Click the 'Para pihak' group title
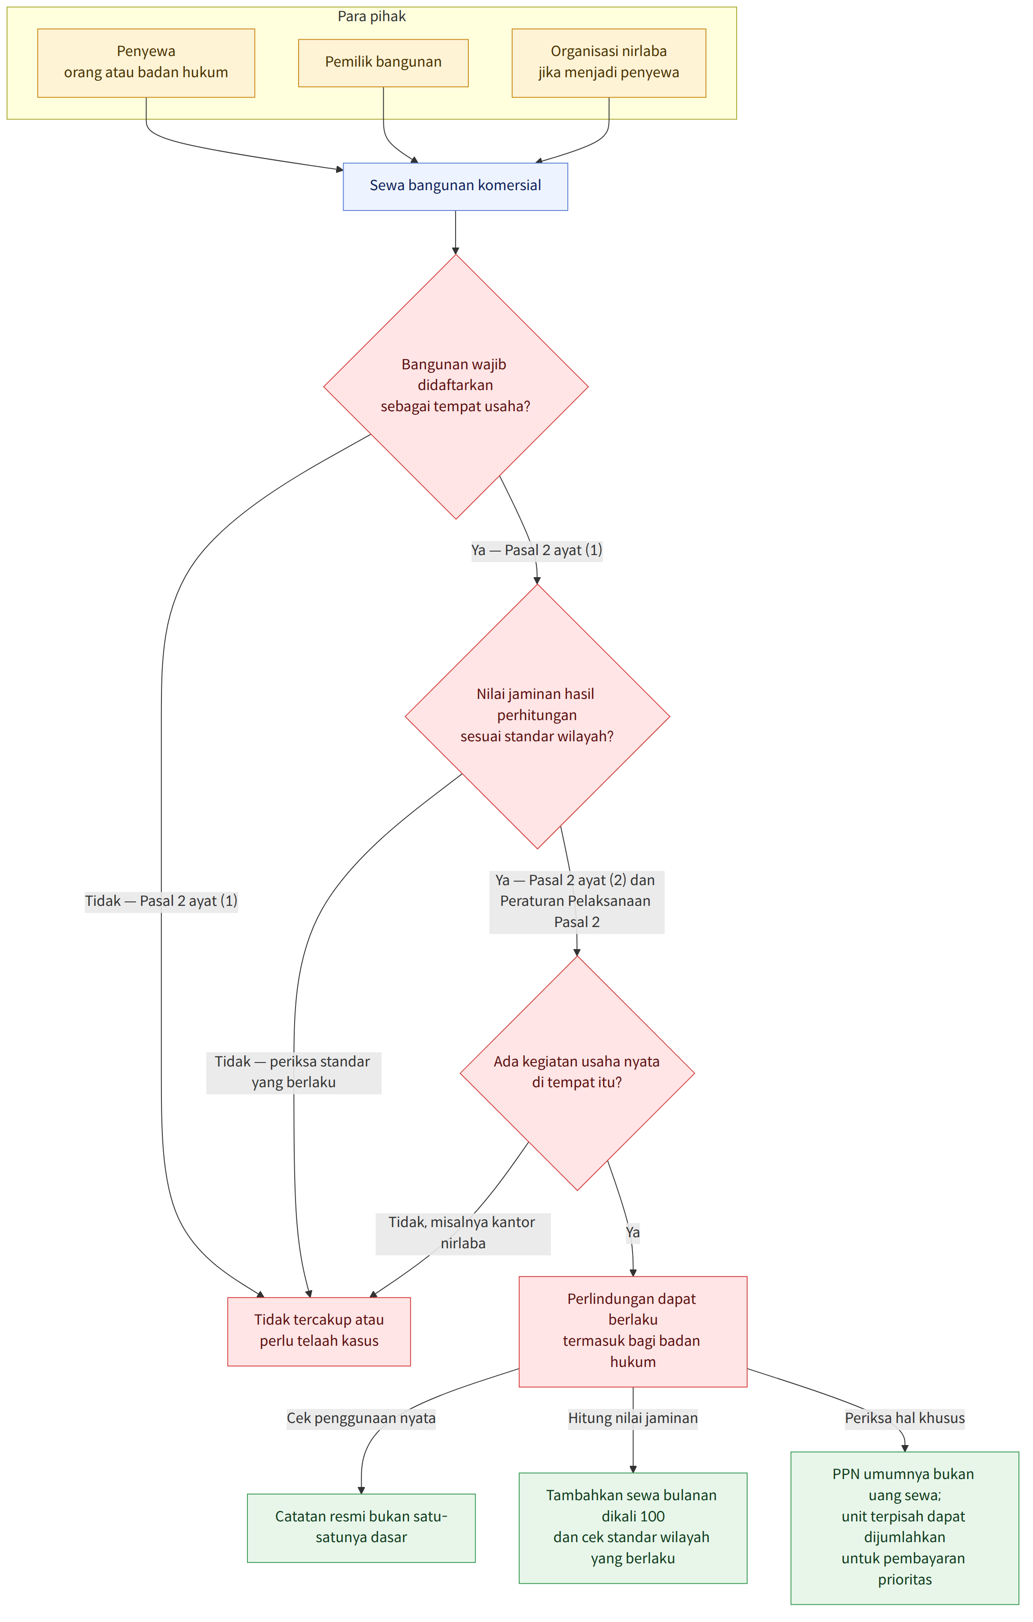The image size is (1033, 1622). (x=372, y=16)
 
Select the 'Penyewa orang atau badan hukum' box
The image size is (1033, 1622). (x=146, y=63)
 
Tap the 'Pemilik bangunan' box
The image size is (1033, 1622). (x=383, y=63)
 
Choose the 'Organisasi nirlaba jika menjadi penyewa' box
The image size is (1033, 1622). (x=609, y=63)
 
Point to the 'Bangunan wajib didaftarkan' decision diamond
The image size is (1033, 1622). (x=456, y=387)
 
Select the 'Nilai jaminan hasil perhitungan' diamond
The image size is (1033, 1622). (x=537, y=716)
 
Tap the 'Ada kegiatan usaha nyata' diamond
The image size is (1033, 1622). (x=577, y=1073)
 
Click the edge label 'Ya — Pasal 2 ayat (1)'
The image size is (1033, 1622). (x=537, y=550)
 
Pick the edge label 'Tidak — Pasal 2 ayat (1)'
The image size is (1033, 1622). (x=161, y=901)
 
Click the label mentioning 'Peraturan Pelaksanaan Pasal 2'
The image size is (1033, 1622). (x=576, y=901)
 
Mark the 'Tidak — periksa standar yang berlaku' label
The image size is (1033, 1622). (x=294, y=1072)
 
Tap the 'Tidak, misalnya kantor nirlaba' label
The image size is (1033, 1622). (x=463, y=1233)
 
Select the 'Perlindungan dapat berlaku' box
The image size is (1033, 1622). (x=633, y=1330)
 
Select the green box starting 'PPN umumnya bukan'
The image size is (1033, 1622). (x=904, y=1527)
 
